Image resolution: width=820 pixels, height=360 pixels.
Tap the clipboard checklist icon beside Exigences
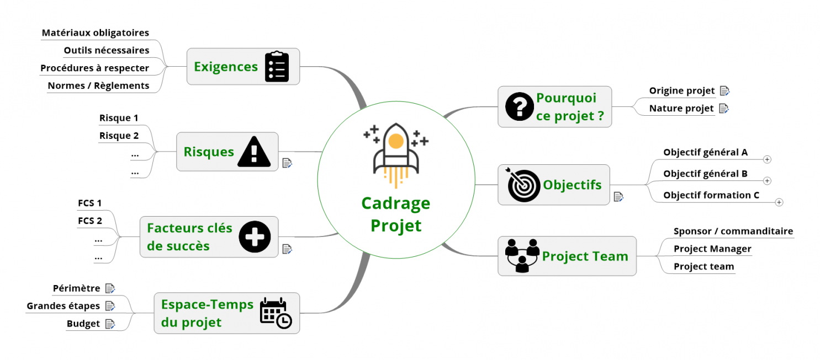pyautogui.click(x=277, y=67)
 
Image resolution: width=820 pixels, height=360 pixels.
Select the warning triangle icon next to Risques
pyautogui.click(x=254, y=152)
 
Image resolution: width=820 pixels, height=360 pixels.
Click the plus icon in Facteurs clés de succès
pyautogui.click(x=255, y=237)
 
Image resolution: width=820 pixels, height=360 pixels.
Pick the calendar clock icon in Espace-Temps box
pyautogui.click(x=276, y=313)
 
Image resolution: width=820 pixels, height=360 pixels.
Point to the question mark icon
pyautogui.click(x=519, y=106)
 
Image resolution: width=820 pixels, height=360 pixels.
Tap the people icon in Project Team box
pyautogui.click(x=522, y=256)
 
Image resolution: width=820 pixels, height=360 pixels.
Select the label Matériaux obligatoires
pyautogui.click(x=96, y=33)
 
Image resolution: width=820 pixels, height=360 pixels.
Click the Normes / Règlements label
pyautogui.click(x=98, y=85)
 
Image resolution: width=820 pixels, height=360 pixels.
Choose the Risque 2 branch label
pyautogui.click(x=119, y=136)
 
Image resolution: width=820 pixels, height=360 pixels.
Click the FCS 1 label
pyautogui.click(x=90, y=203)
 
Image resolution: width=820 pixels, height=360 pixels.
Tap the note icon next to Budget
pyautogui.click(x=110, y=324)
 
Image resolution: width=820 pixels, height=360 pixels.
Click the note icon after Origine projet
pyautogui.click(x=724, y=91)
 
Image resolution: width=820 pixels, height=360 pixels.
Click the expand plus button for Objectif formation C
pyautogui.click(x=779, y=202)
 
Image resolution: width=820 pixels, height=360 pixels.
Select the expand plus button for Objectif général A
pyautogui.click(x=767, y=159)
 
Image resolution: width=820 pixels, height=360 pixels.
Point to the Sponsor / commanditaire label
pyautogui.click(x=733, y=232)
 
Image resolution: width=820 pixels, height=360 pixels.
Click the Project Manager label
pyautogui.click(x=712, y=249)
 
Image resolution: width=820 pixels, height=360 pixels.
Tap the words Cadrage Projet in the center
pyautogui.click(x=395, y=214)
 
